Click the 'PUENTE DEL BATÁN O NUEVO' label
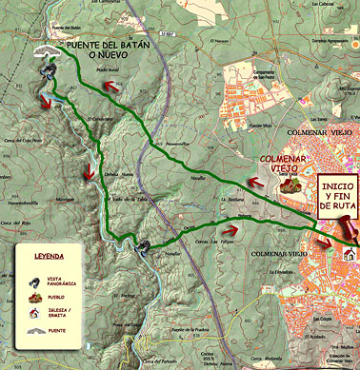click(106, 55)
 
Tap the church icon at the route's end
click(353, 252)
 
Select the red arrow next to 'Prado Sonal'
click(111, 86)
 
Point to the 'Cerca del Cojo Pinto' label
click(26, 141)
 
